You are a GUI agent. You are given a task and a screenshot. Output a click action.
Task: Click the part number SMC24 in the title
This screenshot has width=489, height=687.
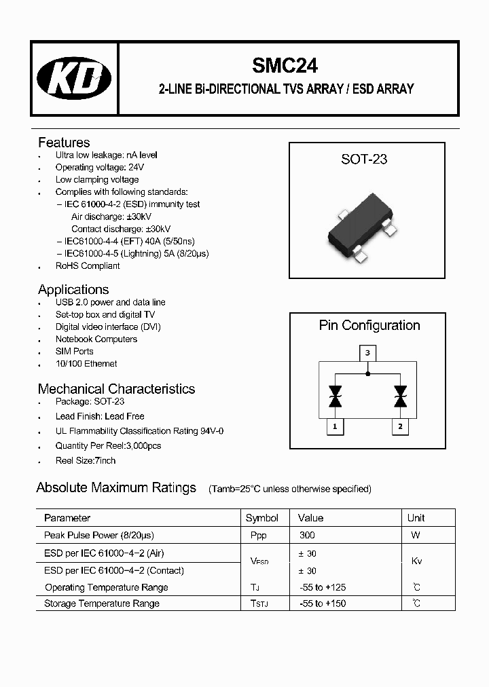[285, 65]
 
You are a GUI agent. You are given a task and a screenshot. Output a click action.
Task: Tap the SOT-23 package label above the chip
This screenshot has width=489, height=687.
[364, 160]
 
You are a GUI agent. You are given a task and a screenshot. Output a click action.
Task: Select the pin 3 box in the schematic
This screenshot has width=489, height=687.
[367, 353]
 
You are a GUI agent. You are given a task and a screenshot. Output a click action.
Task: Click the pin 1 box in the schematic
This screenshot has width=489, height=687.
[335, 426]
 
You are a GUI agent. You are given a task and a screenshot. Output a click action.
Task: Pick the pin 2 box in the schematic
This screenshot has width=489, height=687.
[400, 426]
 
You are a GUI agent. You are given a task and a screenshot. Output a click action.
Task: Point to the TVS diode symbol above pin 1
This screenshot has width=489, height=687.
[335, 396]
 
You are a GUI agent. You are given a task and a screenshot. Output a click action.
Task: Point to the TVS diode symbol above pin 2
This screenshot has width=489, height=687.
[400, 396]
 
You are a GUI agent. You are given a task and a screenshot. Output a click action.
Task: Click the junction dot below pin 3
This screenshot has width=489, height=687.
[367, 373]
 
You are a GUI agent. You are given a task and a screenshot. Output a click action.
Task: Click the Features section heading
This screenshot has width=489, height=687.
[64, 143]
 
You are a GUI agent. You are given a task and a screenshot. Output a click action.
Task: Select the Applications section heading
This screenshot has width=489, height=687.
[73, 290]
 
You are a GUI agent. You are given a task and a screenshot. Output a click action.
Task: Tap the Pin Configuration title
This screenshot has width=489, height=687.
[369, 326]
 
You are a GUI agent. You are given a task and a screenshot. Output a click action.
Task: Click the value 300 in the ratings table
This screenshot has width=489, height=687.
[307, 535]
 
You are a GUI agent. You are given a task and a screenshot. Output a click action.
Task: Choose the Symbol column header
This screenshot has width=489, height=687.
[262, 518]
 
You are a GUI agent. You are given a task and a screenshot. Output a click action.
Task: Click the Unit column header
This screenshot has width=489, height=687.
[416, 518]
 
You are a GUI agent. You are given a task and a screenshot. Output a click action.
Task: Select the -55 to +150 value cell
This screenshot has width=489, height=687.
[323, 604]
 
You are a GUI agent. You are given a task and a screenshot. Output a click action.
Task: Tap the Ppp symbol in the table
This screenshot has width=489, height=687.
[259, 535]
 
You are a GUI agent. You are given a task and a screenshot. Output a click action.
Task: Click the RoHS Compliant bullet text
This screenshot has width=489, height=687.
[88, 265]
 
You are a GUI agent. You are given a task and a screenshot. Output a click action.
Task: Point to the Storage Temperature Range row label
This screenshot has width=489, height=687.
[102, 604]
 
